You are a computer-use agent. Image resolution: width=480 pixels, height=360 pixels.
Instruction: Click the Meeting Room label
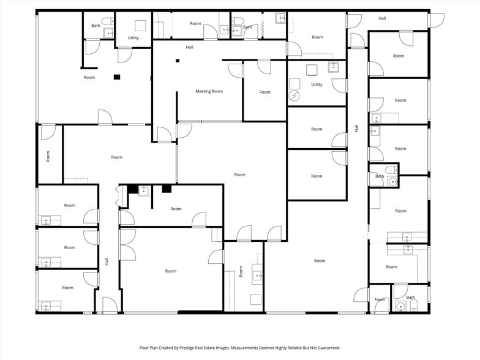click(x=209, y=91)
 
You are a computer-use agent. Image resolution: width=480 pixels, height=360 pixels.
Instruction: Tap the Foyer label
click(x=380, y=299)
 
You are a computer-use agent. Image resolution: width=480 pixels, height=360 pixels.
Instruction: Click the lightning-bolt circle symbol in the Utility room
click(x=294, y=96)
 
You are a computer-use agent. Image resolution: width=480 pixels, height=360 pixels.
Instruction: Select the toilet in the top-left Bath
click(x=107, y=21)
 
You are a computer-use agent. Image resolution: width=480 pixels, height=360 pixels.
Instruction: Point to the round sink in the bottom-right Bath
click(x=400, y=306)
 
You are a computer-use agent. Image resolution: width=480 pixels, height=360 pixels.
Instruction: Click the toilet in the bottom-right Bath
click(x=413, y=305)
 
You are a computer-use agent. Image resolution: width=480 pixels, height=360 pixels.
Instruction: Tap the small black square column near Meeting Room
click(x=178, y=61)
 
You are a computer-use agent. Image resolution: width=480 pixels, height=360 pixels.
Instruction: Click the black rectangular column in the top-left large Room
click(x=117, y=77)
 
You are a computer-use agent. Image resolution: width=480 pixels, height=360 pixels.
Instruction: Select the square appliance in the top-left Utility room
click(x=141, y=26)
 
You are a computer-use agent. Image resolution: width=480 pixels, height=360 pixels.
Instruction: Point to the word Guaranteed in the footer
click(x=329, y=348)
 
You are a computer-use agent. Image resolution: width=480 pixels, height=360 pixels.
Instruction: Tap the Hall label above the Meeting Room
click(x=190, y=47)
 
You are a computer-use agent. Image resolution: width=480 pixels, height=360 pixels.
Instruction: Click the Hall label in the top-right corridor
click(x=382, y=18)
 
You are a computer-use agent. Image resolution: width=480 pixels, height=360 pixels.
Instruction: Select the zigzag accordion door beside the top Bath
click(x=262, y=26)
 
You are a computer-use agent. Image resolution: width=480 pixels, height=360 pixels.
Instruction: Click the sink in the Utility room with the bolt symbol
click(x=333, y=67)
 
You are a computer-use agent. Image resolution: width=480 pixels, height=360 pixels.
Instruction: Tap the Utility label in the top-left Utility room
click(x=133, y=38)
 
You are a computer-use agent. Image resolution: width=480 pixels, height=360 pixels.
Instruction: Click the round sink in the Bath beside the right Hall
click(x=392, y=181)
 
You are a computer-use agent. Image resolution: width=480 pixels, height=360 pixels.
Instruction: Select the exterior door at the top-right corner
click(x=437, y=20)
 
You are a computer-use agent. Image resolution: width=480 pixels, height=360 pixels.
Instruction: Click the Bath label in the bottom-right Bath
click(x=410, y=298)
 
